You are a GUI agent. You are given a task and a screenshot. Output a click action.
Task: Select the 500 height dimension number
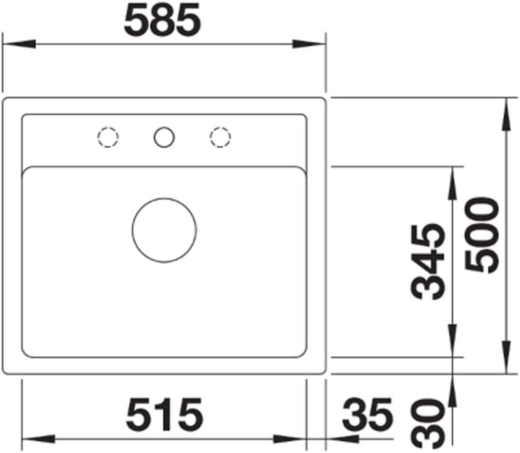click(x=482, y=235)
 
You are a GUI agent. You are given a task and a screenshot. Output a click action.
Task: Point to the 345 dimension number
click(x=428, y=262)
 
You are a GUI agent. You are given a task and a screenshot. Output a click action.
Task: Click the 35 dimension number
click(x=367, y=415)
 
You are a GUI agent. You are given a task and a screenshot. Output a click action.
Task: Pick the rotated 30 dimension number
click(x=428, y=423)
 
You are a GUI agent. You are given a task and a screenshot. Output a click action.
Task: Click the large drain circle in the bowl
click(x=164, y=198)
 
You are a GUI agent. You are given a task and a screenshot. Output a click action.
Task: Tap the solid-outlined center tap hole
click(x=164, y=127)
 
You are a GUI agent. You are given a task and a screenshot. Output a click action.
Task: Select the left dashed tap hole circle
click(x=108, y=127)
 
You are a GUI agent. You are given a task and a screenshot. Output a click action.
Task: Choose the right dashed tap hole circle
click(x=220, y=127)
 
